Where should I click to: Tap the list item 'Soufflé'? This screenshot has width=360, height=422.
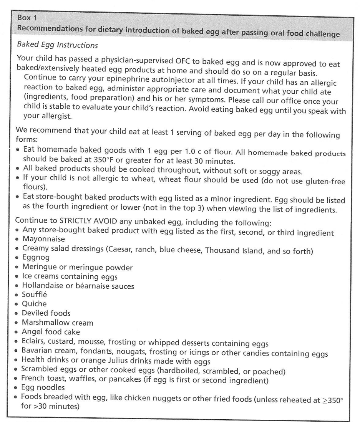point(35,295)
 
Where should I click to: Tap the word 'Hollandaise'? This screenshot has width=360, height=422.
point(43,286)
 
